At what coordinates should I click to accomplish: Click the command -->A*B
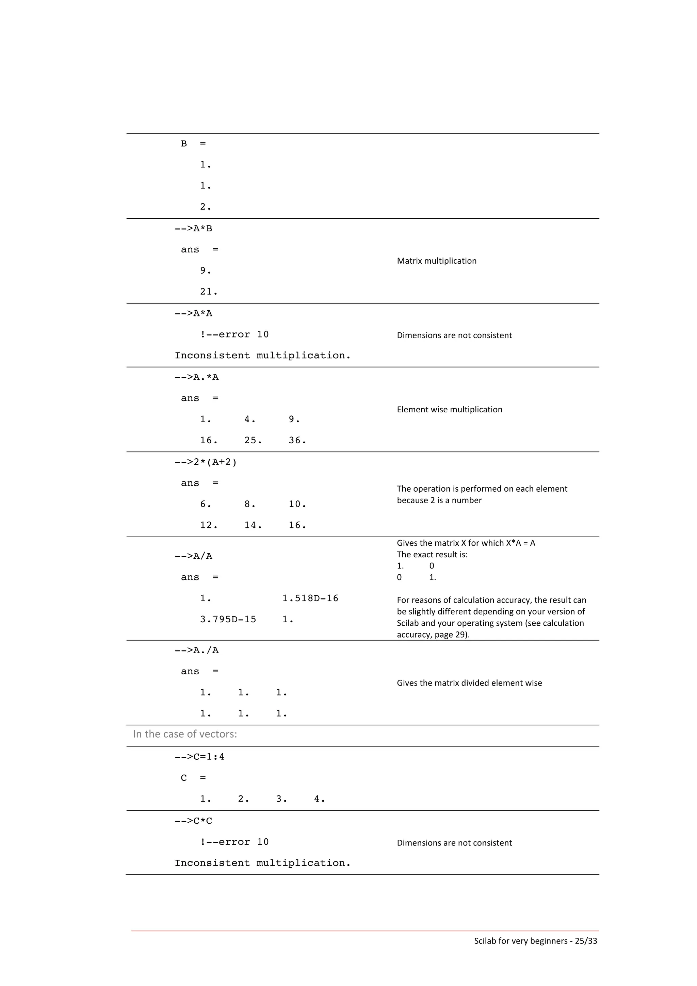(x=193, y=228)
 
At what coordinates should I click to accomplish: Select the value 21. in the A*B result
(x=209, y=292)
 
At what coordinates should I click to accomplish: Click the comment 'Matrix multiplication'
(x=436, y=261)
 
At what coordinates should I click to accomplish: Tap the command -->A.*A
(x=196, y=377)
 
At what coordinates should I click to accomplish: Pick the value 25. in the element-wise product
(x=253, y=440)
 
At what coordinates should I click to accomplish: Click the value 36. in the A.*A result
(x=297, y=440)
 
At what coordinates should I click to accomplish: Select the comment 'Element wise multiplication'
(x=449, y=409)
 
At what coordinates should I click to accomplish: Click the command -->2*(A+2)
(x=206, y=462)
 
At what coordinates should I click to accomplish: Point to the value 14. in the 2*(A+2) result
(x=253, y=525)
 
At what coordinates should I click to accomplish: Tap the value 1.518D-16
(x=310, y=598)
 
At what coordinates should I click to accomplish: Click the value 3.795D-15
(x=228, y=619)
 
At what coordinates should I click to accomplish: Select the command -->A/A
(x=193, y=556)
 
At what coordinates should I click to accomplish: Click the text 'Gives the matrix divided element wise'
(x=469, y=683)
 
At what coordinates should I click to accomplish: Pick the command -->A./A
(x=196, y=650)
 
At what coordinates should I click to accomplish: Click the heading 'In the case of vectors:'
(x=185, y=734)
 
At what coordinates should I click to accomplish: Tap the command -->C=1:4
(x=199, y=757)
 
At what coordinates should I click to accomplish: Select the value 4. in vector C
(x=319, y=799)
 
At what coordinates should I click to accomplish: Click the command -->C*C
(x=193, y=821)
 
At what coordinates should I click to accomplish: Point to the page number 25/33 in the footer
(x=586, y=940)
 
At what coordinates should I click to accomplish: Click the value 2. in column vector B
(x=206, y=207)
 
